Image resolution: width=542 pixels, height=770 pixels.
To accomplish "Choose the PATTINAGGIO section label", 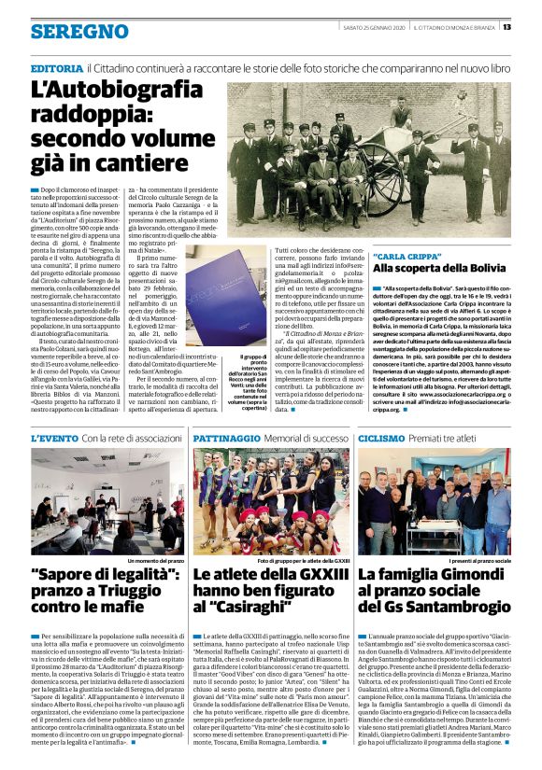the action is [x=226, y=437].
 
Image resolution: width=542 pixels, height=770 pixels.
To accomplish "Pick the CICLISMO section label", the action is [x=380, y=437].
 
